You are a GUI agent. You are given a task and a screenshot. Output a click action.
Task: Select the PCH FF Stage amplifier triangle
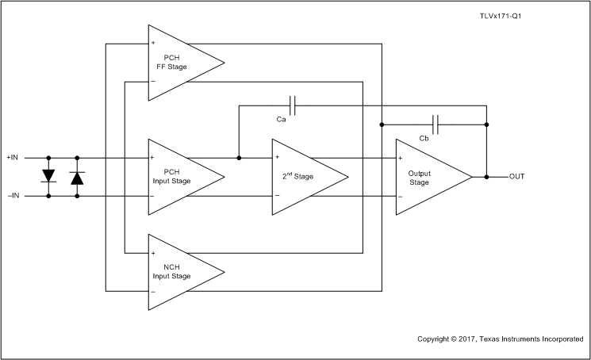click(178, 63)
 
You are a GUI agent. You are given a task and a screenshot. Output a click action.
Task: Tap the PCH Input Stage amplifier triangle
click(178, 176)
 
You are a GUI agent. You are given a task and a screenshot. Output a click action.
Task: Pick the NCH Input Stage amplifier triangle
click(178, 272)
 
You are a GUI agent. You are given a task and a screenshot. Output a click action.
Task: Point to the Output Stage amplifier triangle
click(428, 176)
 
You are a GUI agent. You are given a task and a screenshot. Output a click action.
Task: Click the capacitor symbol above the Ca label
click(294, 105)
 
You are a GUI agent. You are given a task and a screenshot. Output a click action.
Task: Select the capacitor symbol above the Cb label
click(436, 124)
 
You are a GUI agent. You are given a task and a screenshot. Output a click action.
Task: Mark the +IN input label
click(13, 157)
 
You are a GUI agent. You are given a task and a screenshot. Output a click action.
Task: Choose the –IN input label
click(13, 195)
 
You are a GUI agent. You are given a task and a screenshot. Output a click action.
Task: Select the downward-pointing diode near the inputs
click(48, 176)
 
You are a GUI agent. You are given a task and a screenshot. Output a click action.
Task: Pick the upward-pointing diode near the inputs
click(77, 177)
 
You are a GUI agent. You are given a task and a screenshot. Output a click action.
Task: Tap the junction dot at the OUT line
click(486, 176)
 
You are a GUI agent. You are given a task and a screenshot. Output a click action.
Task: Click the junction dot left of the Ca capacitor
click(240, 157)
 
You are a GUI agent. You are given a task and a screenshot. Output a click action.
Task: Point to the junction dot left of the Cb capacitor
click(382, 124)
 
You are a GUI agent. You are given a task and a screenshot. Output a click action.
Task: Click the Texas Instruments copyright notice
click(500, 339)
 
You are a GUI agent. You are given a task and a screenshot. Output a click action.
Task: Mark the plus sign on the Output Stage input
click(401, 158)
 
